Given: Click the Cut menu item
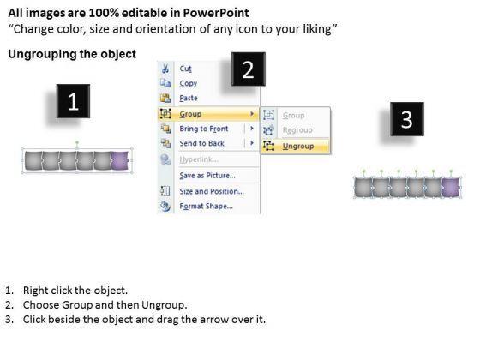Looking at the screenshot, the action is [185, 69].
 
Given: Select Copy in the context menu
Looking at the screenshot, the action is [189, 83].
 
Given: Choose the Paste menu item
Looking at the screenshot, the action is [189, 98].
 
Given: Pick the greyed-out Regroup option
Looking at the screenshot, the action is [297, 130].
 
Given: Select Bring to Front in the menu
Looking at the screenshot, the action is [204, 129].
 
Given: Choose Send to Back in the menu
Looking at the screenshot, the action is [201, 143].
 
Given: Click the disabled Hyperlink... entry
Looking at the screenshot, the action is [199, 159].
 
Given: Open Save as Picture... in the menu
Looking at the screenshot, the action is [207, 176].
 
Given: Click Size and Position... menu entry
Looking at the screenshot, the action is [212, 191].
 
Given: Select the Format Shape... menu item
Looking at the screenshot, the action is [206, 206].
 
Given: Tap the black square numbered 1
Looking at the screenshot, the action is [73, 101].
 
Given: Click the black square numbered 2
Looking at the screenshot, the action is [249, 69].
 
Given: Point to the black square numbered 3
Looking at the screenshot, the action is [407, 119].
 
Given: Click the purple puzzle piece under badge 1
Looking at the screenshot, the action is [120, 160].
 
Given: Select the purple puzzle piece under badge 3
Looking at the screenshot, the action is [451, 188].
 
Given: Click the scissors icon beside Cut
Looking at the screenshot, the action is [165, 69].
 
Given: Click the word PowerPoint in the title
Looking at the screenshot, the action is [216, 13].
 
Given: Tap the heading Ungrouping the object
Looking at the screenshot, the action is [72, 54].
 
